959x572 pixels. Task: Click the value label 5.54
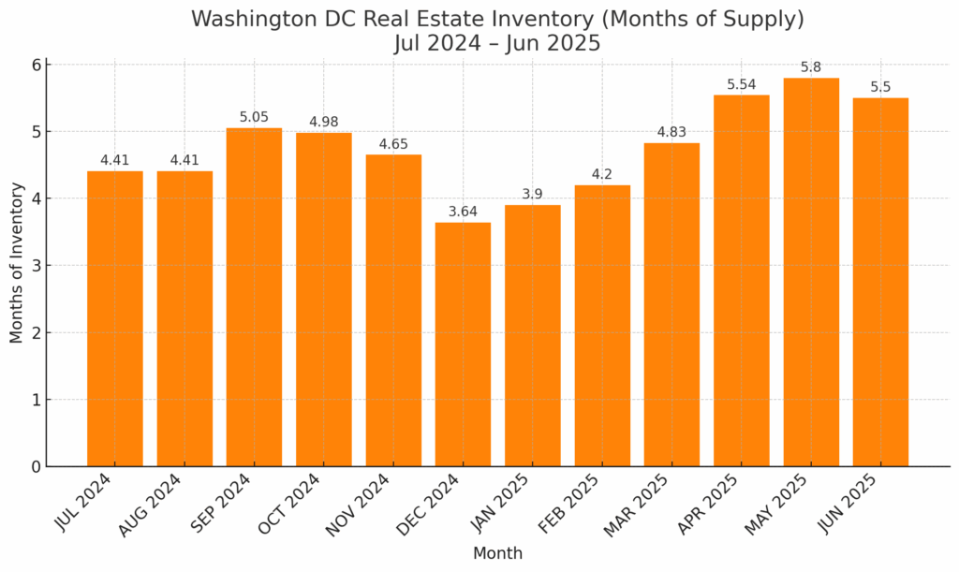point(741,85)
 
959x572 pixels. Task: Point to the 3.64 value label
point(463,212)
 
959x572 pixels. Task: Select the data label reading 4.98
point(323,123)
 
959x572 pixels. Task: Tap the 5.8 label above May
point(811,67)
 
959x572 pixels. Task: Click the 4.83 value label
point(671,132)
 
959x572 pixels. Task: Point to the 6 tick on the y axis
point(36,65)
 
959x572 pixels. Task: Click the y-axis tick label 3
point(36,266)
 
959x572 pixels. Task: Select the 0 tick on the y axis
point(36,466)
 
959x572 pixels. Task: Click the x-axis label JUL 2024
point(84,504)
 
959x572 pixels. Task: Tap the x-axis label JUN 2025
point(848,504)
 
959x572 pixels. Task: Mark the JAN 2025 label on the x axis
point(499,504)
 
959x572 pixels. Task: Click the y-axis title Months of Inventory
point(17,263)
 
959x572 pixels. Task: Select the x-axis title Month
point(497,553)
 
